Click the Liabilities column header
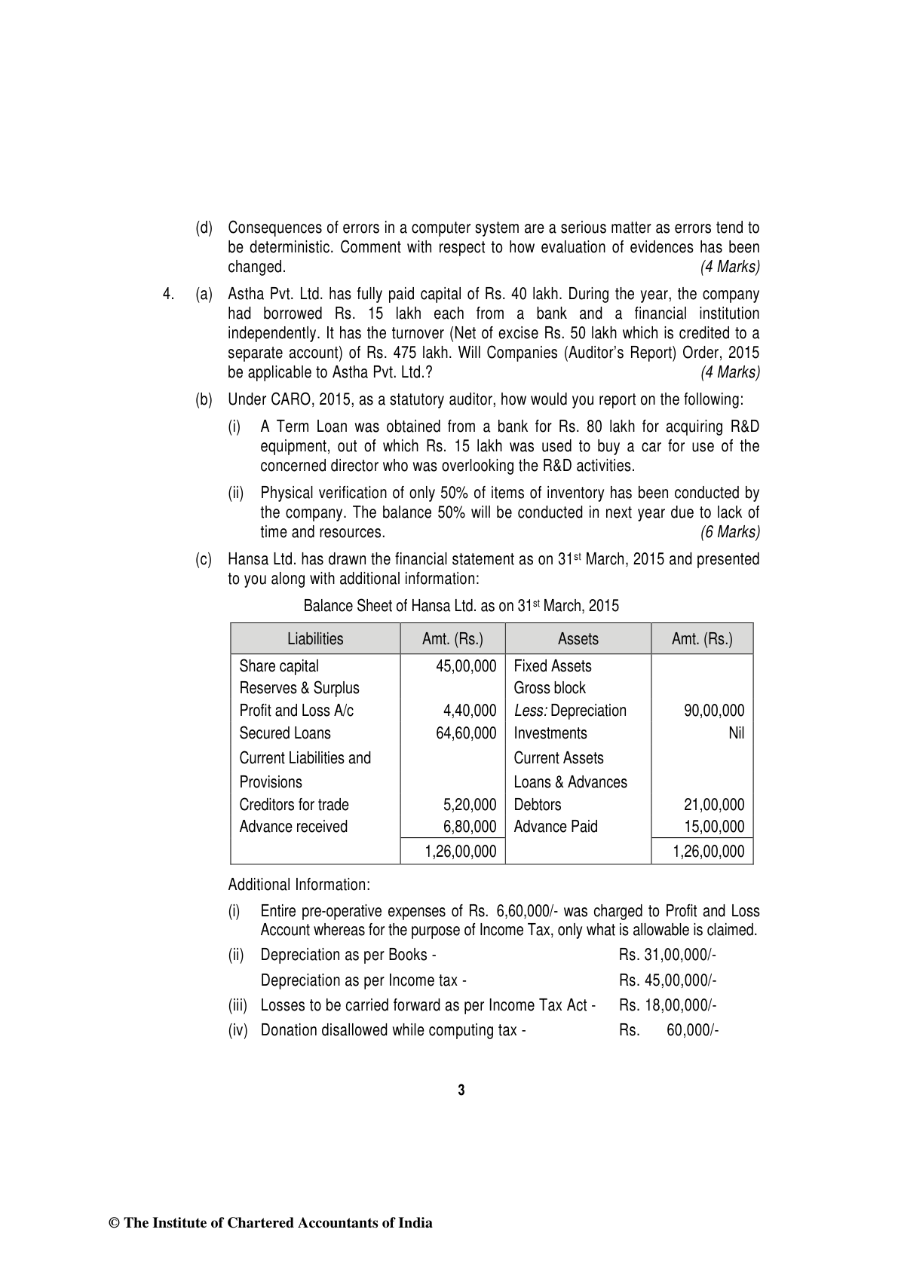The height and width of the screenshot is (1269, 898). click(x=314, y=639)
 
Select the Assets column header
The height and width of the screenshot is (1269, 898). click(x=578, y=639)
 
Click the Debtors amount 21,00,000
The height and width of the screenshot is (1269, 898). click(x=713, y=805)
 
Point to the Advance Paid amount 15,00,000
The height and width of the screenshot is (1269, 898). click(x=713, y=827)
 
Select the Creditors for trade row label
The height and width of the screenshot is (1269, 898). click(x=294, y=805)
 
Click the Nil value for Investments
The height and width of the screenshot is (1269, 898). click(x=736, y=733)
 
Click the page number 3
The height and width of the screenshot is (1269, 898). click(x=461, y=1090)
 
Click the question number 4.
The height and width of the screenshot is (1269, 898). click(x=169, y=294)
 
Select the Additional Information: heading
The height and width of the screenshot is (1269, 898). click(x=299, y=884)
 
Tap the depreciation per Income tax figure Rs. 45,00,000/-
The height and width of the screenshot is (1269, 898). click(x=667, y=980)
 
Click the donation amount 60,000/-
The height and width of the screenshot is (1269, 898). click(x=692, y=1030)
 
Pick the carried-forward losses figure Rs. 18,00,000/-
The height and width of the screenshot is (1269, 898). click(x=667, y=1005)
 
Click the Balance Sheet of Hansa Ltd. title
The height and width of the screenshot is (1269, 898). click(x=461, y=606)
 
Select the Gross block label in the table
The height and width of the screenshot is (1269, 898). click(x=549, y=688)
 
